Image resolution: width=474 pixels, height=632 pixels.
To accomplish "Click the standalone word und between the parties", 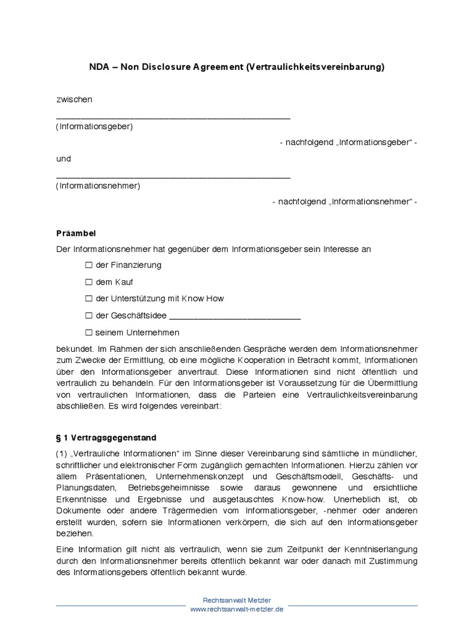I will pos(64,159).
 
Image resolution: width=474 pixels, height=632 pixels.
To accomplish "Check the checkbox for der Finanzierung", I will pos(89,265).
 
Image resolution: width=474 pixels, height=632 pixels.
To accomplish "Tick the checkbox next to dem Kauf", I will pos(89,282).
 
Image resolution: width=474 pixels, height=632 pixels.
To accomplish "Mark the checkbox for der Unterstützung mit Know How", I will pos(89,299).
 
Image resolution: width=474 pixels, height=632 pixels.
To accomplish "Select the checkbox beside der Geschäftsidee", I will pos(89,315).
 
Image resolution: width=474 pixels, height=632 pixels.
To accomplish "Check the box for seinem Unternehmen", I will pos(89,332).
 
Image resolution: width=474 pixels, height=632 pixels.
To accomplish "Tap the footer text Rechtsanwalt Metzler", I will pos(237,600).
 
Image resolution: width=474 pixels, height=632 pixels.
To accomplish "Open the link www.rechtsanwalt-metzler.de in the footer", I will pos(237,609).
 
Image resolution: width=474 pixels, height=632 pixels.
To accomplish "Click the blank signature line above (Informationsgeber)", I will pos(173,117).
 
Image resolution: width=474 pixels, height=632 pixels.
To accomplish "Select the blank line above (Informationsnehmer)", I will pos(173,176).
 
